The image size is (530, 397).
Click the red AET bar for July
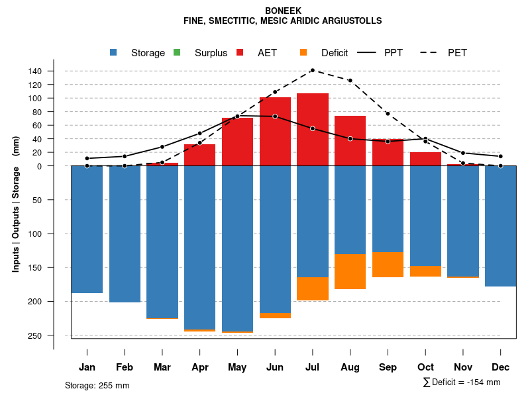[x=313, y=130]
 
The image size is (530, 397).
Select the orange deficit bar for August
[x=350, y=271]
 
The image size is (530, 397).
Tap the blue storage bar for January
[x=87, y=229]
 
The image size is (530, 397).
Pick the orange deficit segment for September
[x=388, y=265]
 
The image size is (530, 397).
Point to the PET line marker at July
[x=313, y=70]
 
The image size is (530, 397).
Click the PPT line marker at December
[x=501, y=157]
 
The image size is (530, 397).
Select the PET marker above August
[x=350, y=81]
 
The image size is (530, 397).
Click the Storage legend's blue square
[x=114, y=52]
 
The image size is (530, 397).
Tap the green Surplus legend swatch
[x=177, y=52]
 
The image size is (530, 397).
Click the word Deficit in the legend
[x=335, y=53]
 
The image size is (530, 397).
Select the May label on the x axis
[x=237, y=367]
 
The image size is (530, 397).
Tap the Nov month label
[x=463, y=367]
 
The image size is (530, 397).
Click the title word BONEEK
[x=283, y=11]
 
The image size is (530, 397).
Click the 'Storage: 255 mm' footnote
[x=97, y=385]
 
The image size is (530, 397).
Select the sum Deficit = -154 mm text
[x=462, y=382]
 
